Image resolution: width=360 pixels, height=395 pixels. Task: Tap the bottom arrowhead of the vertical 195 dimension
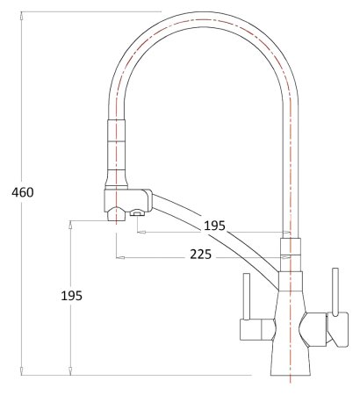point(69,371)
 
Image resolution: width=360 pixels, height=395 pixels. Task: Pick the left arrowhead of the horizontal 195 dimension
point(139,233)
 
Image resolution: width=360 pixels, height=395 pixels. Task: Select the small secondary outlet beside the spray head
point(136,212)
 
